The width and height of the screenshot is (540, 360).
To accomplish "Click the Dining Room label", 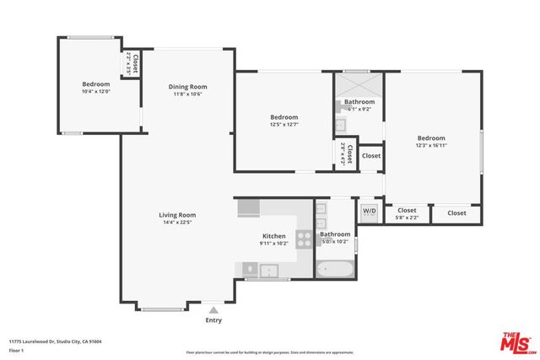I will (188, 87).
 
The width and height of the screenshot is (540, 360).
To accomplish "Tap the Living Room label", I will (177, 215).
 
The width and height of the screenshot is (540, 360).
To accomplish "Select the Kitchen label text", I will (274, 236).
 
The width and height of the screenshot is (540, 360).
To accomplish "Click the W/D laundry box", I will (370, 211).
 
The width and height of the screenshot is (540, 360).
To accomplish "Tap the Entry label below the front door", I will (213, 320).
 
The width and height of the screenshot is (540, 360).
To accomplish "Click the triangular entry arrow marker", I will (213, 310).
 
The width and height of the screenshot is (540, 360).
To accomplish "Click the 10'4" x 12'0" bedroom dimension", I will (95, 92).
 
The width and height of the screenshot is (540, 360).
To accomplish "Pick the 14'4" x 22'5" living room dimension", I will (177, 223).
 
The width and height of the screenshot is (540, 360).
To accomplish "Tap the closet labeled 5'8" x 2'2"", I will (407, 214).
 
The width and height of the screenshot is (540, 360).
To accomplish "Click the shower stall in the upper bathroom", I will (359, 86).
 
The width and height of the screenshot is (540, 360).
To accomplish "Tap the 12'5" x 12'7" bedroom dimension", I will (283, 125).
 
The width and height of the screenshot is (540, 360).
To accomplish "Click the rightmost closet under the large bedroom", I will (456, 213).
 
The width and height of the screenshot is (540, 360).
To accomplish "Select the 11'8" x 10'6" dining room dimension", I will (188, 94).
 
